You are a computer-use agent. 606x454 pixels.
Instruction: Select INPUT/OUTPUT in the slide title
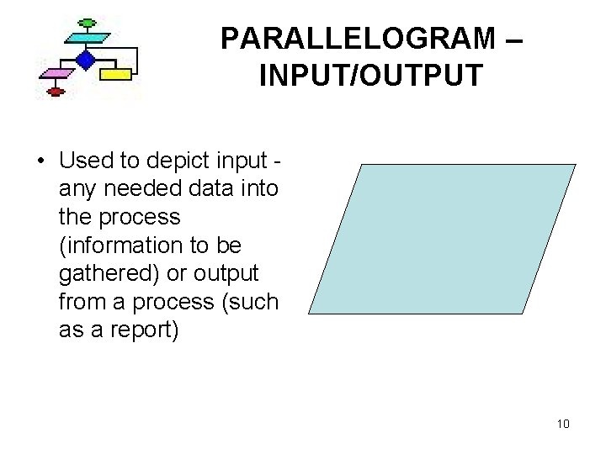pyautogui.click(x=370, y=76)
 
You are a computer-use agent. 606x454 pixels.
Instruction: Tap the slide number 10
pyautogui.click(x=563, y=424)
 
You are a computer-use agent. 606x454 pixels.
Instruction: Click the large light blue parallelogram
pyautogui.click(x=442, y=239)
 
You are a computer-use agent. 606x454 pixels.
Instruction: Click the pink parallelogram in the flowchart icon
pyautogui.click(x=56, y=74)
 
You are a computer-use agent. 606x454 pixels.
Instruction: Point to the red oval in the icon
pyautogui.click(x=56, y=92)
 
